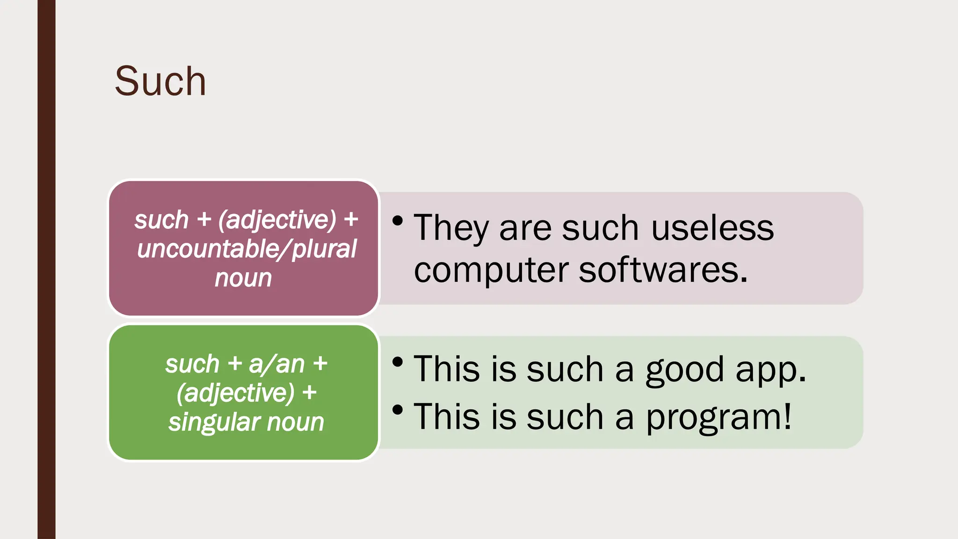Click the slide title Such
point(160,81)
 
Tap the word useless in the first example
point(712,228)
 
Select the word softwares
point(663,270)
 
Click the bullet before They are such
point(398,220)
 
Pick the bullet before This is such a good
point(398,362)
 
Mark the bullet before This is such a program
point(398,410)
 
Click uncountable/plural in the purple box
point(247,249)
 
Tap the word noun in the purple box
point(243,278)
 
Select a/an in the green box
point(276,364)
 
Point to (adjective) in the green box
point(235,393)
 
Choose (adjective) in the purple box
point(277,220)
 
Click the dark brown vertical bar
point(46,269)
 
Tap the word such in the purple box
point(161,220)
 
